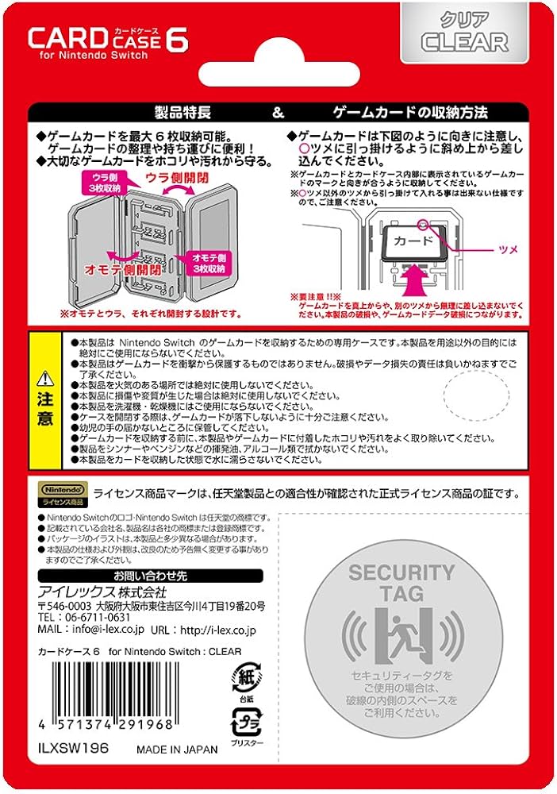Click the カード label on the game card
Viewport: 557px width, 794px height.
413,241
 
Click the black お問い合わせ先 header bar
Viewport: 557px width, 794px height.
150,576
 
